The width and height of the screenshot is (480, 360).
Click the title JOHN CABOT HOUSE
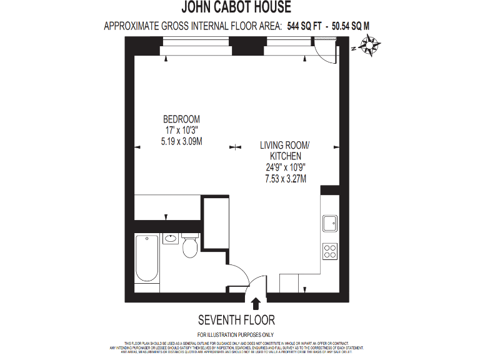[x=236, y=8]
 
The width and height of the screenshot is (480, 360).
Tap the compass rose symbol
[x=371, y=46]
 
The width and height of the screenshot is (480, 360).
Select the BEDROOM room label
[x=181, y=119]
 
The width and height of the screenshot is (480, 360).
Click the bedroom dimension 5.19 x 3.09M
[x=181, y=141]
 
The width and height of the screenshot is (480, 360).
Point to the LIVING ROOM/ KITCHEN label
[x=285, y=151]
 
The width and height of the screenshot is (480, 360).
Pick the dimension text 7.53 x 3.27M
[x=285, y=179]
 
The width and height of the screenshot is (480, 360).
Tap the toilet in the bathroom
[x=191, y=247]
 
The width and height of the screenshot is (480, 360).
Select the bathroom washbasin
[x=171, y=238]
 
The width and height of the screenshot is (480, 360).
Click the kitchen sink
[x=329, y=222]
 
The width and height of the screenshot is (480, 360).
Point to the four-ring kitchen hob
[x=329, y=251]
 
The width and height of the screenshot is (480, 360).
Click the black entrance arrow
[x=256, y=304]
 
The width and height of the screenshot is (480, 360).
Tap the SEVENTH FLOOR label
[x=236, y=320]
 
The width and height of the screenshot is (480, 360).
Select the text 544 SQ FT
[x=306, y=26]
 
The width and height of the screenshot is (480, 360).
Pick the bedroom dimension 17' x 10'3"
[x=181, y=130]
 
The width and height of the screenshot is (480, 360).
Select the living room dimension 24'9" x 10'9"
[x=285, y=167]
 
